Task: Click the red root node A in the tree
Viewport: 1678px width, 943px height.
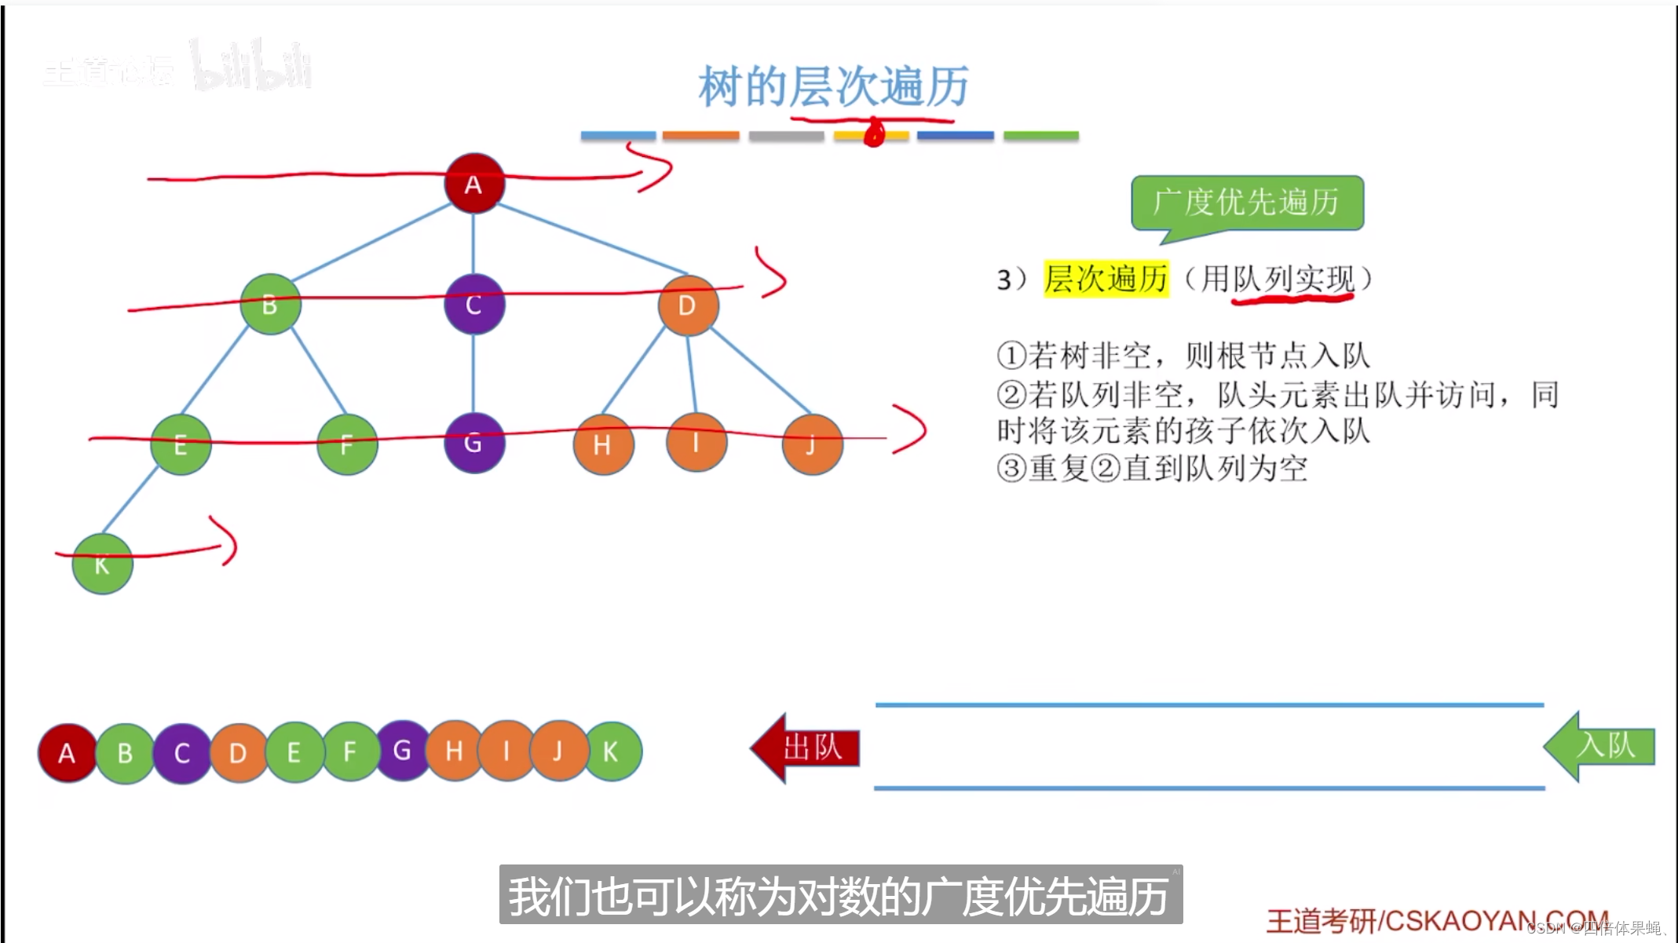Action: (473, 184)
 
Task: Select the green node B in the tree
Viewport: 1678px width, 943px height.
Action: (270, 304)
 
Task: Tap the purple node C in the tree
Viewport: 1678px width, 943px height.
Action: (473, 304)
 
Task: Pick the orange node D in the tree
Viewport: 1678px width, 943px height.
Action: (687, 305)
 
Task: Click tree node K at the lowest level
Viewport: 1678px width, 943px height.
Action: (102, 564)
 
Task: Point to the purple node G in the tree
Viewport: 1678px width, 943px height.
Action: (473, 443)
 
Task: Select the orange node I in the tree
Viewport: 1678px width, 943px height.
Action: (696, 443)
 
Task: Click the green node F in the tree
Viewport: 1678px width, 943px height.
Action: (346, 444)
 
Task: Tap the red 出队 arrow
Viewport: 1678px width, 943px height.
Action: (806, 747)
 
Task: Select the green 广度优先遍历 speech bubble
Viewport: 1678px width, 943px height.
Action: (1247, 203)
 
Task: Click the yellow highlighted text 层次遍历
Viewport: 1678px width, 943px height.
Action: (1106, 279)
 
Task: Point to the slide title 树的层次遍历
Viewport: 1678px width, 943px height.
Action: (833, 86)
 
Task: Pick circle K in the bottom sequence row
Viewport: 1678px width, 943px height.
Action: (612, 751)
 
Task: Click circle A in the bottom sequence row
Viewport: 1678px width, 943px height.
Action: (68, 753)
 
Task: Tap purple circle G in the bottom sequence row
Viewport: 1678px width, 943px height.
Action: (402, 751)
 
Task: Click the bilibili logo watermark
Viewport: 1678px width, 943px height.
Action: (251, 66)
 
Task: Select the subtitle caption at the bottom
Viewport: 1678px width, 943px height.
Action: (840, 895)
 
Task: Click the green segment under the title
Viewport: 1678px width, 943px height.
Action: (1040, 136)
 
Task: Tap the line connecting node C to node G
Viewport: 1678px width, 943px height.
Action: (473, 374)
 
